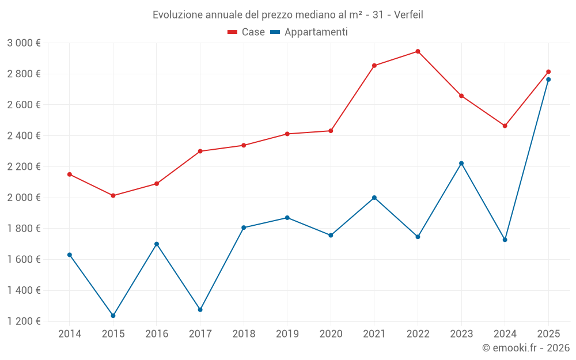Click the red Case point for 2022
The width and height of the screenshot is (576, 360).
click(418, 51)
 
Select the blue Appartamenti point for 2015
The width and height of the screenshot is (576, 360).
click(113, 316)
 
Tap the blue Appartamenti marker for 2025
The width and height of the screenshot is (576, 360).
click(548, 79)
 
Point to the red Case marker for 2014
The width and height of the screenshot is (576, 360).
click(70, 174)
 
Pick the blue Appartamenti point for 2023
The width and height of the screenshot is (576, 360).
click(461, 163)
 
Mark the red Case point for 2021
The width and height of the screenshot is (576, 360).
click(374, 66)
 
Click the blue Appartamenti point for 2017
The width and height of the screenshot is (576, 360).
click(200, 310)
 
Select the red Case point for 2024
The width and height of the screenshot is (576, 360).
click(505, 126)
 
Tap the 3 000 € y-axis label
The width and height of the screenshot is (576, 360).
click(24, 43)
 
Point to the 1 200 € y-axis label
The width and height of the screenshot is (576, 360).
click(24, 321)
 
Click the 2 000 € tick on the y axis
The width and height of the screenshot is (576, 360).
click(24, 198)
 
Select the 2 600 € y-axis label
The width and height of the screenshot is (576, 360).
click(24, 105)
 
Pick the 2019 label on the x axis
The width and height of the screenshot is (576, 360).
click(287, 334)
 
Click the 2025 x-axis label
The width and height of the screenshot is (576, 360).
click(548, 334)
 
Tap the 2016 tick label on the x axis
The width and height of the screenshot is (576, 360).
click(157, 334)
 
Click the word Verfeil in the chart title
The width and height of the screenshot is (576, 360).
click(408, 15)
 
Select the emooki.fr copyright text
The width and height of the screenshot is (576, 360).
click(525, 348)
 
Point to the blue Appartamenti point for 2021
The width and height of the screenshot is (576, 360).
click(374, 198)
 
